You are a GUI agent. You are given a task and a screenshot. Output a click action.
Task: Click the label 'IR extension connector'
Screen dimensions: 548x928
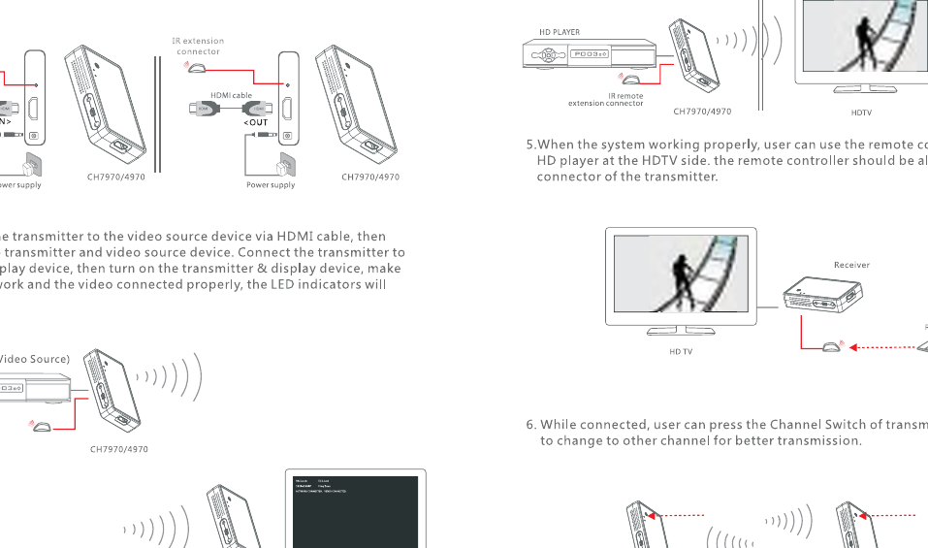[198, 46]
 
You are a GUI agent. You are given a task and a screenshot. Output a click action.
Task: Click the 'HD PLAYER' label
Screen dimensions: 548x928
[560, 32]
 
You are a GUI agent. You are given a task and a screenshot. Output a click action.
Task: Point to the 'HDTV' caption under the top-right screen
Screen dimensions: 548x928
[861, 113]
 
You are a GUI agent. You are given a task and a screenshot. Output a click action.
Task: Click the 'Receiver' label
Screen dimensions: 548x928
[851, 265]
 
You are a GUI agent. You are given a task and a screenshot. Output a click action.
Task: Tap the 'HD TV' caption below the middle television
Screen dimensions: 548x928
[681, 351]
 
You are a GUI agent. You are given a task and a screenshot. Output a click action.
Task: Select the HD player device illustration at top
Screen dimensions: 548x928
[588, 54]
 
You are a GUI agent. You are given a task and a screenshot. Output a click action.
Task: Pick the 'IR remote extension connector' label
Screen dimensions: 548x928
[606, 100]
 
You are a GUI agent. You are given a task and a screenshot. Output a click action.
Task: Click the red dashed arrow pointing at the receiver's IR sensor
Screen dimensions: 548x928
[882, 346]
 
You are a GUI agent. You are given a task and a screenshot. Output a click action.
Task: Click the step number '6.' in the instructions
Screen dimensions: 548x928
[531, 425]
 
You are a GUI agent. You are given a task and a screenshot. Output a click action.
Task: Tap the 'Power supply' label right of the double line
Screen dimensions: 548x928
[271, 184]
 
